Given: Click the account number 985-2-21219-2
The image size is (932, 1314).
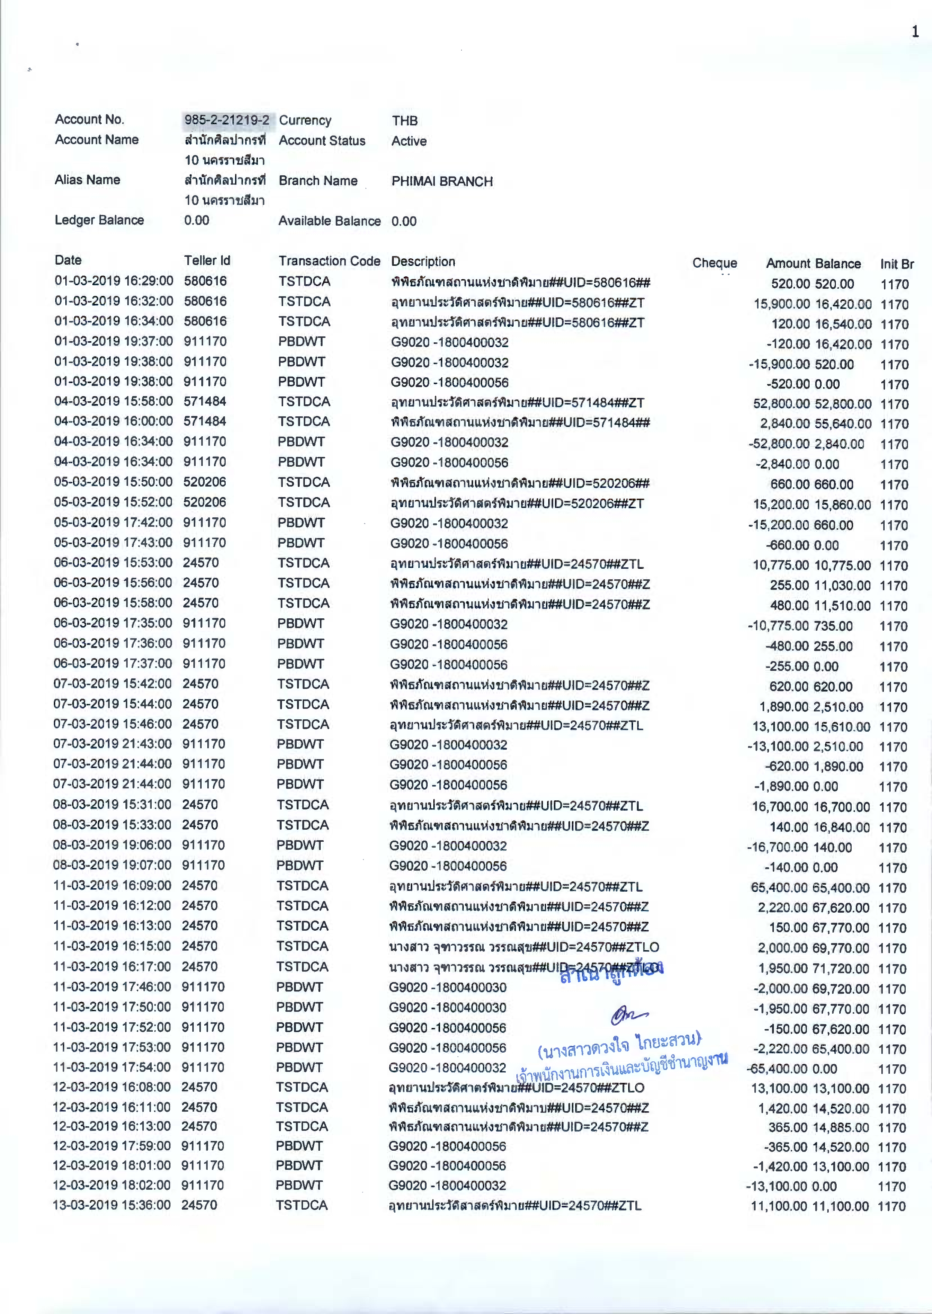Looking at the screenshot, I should (x=227, y=120).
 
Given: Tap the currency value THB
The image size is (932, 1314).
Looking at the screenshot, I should (x=404, y=121).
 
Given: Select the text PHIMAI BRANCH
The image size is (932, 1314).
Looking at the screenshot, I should (x=442, y=181).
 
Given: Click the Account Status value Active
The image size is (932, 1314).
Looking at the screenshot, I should (x=409, y=141).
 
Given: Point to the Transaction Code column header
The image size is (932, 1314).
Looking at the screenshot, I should (x=329, y=261).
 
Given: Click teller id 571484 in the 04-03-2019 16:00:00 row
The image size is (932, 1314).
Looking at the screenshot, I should (x=205, y=421).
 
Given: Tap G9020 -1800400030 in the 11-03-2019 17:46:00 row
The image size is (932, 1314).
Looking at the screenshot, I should (x=448, y=987).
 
